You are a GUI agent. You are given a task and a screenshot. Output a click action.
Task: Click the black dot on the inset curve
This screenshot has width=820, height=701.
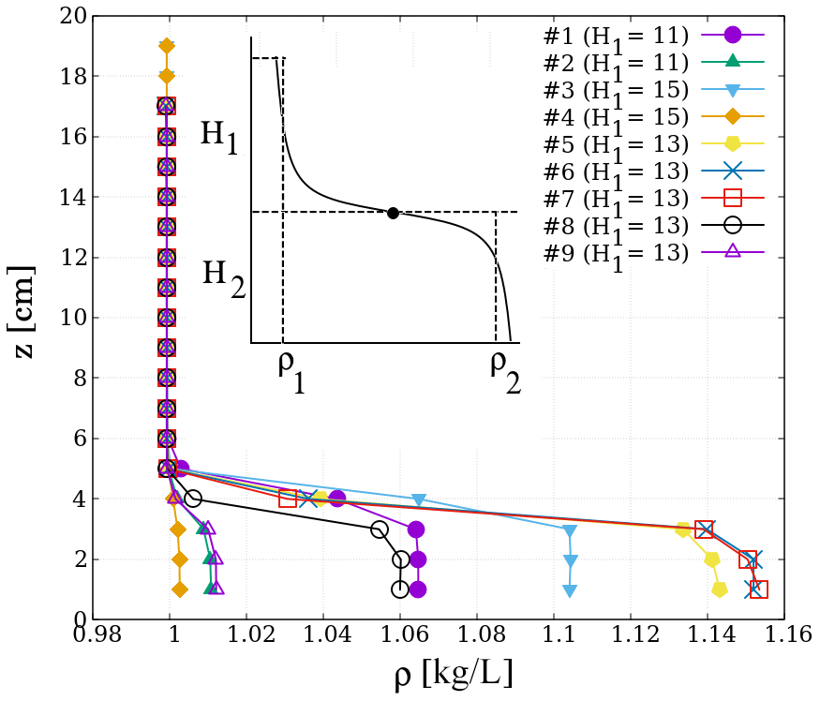[x=393, y=213]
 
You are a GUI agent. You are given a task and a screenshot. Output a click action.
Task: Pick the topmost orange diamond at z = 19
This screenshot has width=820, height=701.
[x=167, y=46]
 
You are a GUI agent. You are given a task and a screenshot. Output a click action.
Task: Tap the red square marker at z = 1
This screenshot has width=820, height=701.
[x=759, y=589]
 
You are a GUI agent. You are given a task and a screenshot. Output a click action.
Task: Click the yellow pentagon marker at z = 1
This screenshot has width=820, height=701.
[x=720, y=589]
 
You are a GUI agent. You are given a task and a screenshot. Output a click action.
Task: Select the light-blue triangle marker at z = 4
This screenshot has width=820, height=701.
[x=419, y=500]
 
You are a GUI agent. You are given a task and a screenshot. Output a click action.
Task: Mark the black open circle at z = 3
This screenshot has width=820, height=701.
[x=380, y=529]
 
